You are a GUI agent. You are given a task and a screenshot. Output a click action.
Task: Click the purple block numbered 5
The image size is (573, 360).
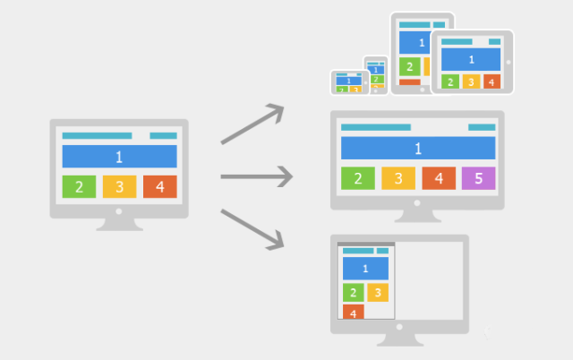click(478, 178)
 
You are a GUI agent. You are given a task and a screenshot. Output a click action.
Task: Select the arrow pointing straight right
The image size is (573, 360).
click(257, 176)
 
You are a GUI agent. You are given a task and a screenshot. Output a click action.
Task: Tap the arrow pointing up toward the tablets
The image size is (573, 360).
click(252, 124)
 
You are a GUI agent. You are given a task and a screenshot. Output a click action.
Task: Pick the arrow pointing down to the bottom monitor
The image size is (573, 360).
click(252, 229)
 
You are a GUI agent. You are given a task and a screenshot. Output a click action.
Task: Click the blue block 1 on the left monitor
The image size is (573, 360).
click(119, 157)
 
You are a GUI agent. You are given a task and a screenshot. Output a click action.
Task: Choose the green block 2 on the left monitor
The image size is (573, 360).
click(79, 187)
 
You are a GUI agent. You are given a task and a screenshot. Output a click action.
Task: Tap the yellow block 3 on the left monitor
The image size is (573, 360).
click(119, 187)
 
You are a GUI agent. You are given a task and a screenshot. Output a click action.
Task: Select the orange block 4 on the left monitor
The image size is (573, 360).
click(160, 187)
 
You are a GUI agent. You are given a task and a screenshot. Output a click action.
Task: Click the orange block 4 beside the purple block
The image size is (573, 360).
click(439, 178)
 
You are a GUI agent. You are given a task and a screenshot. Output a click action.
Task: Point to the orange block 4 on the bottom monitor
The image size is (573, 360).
click(354, 312)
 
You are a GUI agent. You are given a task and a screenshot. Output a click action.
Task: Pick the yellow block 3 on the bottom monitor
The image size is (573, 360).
click(378, 292)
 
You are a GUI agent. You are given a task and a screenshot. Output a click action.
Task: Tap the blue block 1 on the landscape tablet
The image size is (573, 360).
click(471, 60)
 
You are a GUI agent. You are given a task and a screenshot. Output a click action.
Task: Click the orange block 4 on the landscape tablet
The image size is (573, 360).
click(492, 81)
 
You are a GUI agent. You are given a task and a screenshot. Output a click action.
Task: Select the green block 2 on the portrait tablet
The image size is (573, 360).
click(410, 66)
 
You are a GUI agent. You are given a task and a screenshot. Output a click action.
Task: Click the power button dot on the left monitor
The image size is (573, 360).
click(118, 211)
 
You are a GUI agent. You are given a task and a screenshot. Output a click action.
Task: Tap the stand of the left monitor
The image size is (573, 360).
click(119, 225)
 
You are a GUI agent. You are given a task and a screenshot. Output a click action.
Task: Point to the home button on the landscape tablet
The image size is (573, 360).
click(509, 62)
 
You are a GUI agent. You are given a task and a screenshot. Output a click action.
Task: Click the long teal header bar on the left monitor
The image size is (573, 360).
click(98, 135)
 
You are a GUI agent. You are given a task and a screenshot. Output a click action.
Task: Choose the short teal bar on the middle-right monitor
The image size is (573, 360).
click(482, 127)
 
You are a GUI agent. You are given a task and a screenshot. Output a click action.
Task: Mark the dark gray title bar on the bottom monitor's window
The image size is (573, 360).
click(366, 244)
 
